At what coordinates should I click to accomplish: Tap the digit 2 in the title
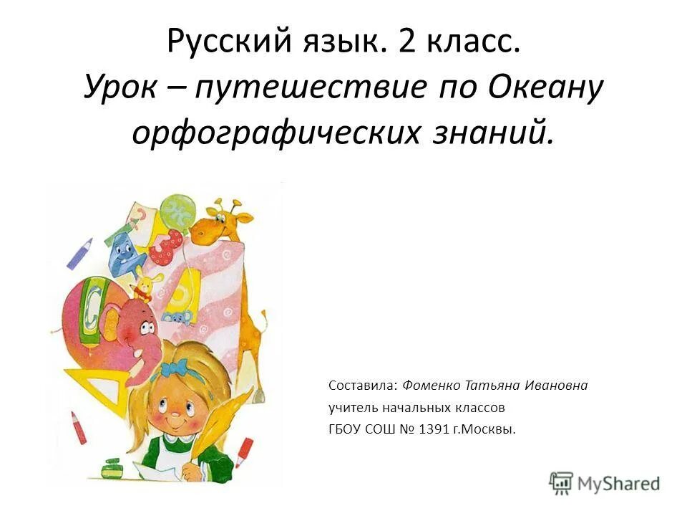(407, 44)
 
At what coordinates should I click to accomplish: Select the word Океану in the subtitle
(547, 89)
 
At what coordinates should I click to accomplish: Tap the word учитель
(349, 408)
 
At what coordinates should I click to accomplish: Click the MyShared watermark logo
(605, 483)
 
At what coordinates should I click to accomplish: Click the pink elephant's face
(140, 327)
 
